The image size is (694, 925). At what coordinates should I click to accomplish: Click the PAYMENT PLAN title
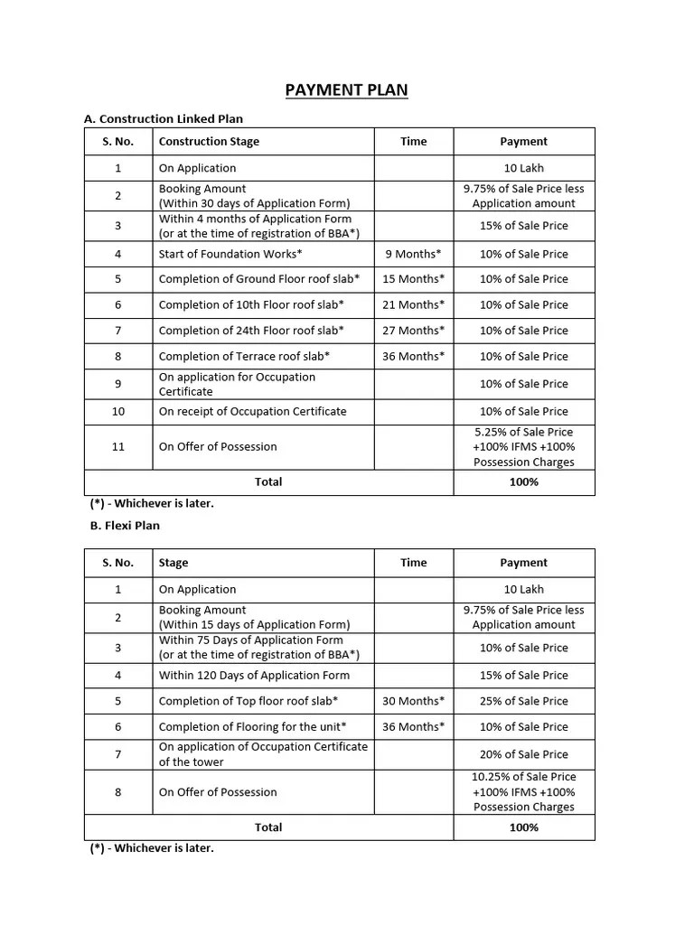346,90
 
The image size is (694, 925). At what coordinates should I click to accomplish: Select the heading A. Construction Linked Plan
163,118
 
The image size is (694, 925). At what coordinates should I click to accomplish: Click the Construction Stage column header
209,142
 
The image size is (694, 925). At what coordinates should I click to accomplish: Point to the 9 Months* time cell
413,254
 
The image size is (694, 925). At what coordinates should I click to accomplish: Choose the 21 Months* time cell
413,305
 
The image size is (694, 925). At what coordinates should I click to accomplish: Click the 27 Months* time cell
413,331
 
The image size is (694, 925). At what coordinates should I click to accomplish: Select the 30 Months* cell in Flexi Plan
413,701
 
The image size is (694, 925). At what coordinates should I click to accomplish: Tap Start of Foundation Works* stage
230,254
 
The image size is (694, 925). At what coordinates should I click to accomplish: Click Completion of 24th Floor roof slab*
250,331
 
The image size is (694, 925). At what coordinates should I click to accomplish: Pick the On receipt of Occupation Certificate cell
252,411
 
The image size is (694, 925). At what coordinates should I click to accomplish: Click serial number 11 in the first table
118,446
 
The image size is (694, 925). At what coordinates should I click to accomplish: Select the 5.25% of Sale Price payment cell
523,446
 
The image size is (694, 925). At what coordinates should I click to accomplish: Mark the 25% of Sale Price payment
523,701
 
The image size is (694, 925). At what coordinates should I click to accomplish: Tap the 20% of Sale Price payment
523,754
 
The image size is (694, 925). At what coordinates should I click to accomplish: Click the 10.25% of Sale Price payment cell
523,791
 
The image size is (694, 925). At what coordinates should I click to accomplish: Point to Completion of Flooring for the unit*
252,726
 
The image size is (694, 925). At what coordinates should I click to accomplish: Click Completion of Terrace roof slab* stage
244,356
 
